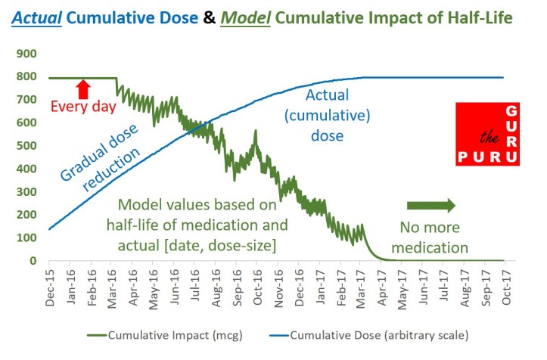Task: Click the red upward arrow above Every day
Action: pos(83,89)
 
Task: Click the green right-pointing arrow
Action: pos(431,205)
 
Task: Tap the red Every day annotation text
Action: pos(83,107)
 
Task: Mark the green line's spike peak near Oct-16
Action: pos(256,132)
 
